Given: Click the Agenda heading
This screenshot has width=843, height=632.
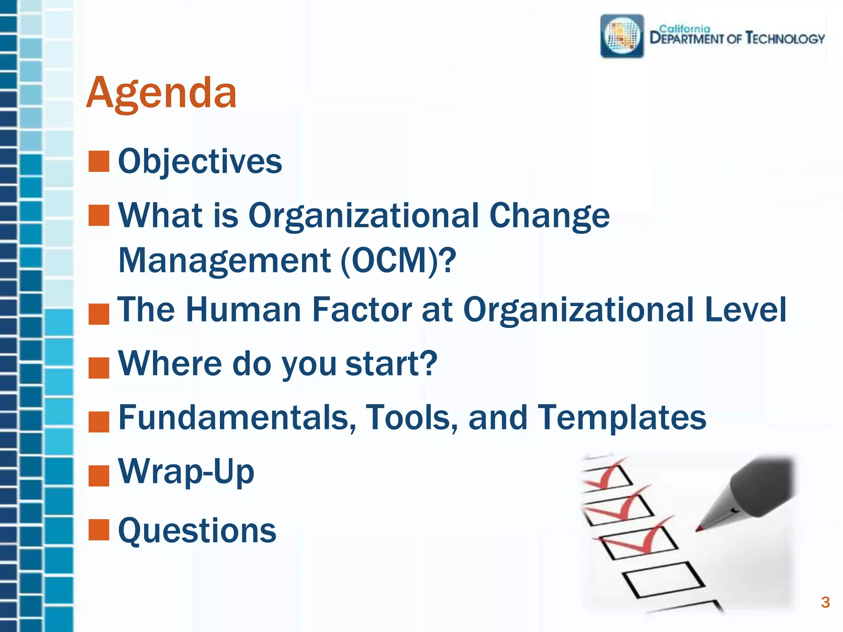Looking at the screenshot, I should click(161, 93).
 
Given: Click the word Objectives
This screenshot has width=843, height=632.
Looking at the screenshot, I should click(200, 161).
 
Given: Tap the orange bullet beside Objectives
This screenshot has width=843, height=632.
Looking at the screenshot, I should click(99, 161).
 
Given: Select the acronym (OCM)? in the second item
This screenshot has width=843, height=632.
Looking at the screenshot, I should click(398, 260).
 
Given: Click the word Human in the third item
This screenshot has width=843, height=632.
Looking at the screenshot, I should click(244, 309).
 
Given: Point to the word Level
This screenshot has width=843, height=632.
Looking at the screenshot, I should click(745, 309).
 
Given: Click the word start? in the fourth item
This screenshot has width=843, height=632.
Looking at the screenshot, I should click(391, 363).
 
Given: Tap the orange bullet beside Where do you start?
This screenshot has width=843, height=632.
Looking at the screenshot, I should click(99, 367).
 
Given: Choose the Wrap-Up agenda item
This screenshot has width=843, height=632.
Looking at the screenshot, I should click(186, 472).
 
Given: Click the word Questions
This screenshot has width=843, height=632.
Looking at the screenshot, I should click(197, 531).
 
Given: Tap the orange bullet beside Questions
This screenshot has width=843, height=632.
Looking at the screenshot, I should click(99, 530).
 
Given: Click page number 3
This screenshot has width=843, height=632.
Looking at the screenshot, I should click(825, 602).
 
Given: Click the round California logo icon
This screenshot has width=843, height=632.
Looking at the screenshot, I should click(622, 36).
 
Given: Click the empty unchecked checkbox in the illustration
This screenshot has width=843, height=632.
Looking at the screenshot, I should click(664, 579).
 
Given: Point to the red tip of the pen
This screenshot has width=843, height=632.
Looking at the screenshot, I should click(699, 528).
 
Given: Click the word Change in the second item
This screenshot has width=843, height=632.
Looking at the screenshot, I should click(549, 215).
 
